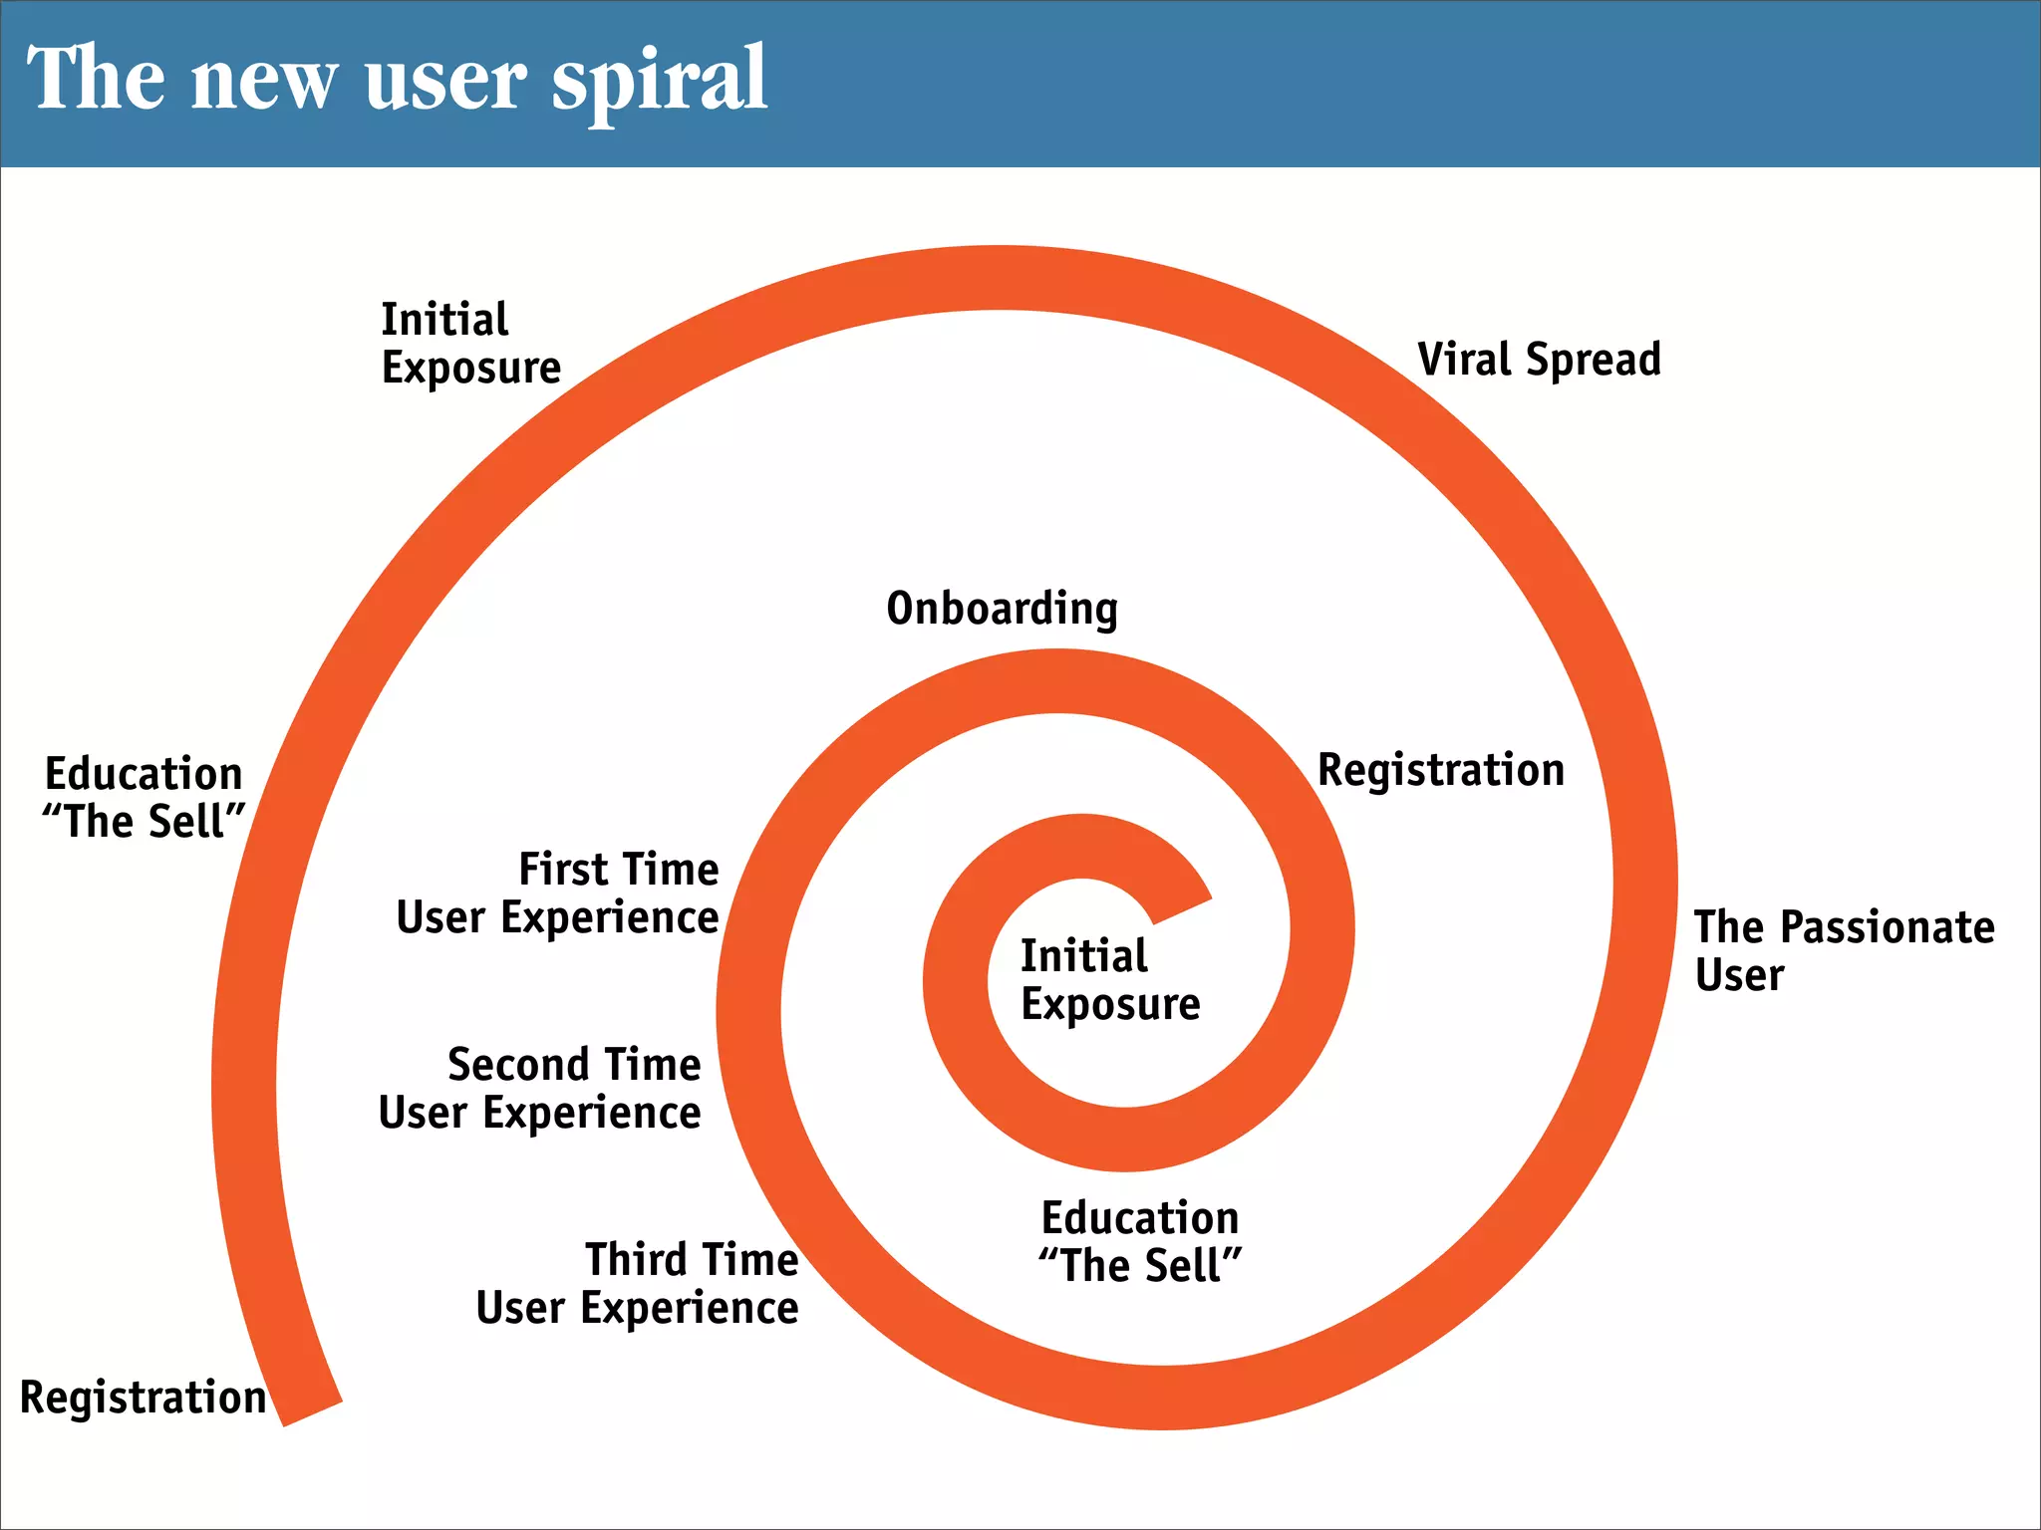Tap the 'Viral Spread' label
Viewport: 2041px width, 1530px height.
(1539, 360)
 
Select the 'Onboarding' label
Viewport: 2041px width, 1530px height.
(1002, 609)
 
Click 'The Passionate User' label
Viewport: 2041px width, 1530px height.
(1844, 950)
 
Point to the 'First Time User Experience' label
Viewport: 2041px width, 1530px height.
(558, 893)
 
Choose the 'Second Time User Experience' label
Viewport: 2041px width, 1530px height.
(540, 1089)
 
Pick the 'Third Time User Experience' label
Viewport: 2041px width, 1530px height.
(638, 1284)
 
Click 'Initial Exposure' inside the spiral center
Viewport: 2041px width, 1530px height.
(1109, 980)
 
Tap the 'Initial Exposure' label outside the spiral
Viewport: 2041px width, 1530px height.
(470, 344)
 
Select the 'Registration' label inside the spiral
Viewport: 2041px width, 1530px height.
(1441, 771)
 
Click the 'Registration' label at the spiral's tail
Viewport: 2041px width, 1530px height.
(144, 1398)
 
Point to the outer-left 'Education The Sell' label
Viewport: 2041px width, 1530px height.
(145, 798)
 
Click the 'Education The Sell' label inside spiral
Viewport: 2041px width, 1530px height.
(1140, 1242)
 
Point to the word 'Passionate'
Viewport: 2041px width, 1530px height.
(1888, 927)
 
